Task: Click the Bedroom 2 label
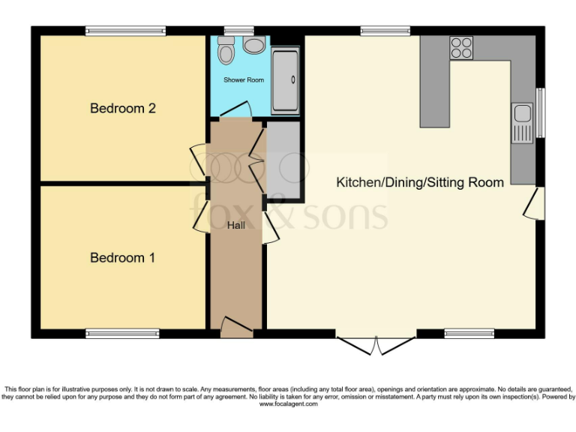pyautogui.click(x=122, y=108)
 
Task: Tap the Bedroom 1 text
pyautogui.click(x=122, y=257)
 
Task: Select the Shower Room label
pyautogui.click(x=244, y=79)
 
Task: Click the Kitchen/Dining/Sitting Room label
pyautogui.click(x=419, y=182)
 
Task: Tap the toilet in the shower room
pyautogui.click(x=226, y=50)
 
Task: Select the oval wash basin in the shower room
pyautogui.click(x=254, y=46)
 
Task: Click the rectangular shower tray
pyautogui.click(x=285, y=80)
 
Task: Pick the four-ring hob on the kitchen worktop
pyautogui.click(x=461, y=48)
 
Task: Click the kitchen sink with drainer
pyautogui.click(x=522, y=123)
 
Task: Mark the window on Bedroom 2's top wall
pyautogui.click(x=125, y=31)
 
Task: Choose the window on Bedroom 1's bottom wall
pyautogui.click(x=122, y=334)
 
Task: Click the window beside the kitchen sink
pyautogui.click(x=540, y=112)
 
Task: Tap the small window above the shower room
pyautogui.click(x=239, y=31)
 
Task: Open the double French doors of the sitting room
pyautogui.click(x=376, y=344)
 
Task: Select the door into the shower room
pyautogui.click(x=236, y=111)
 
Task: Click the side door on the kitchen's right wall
pyautogui.click(x=535, y=203)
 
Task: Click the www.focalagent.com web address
pyautogui.click(x=288, y=404)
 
